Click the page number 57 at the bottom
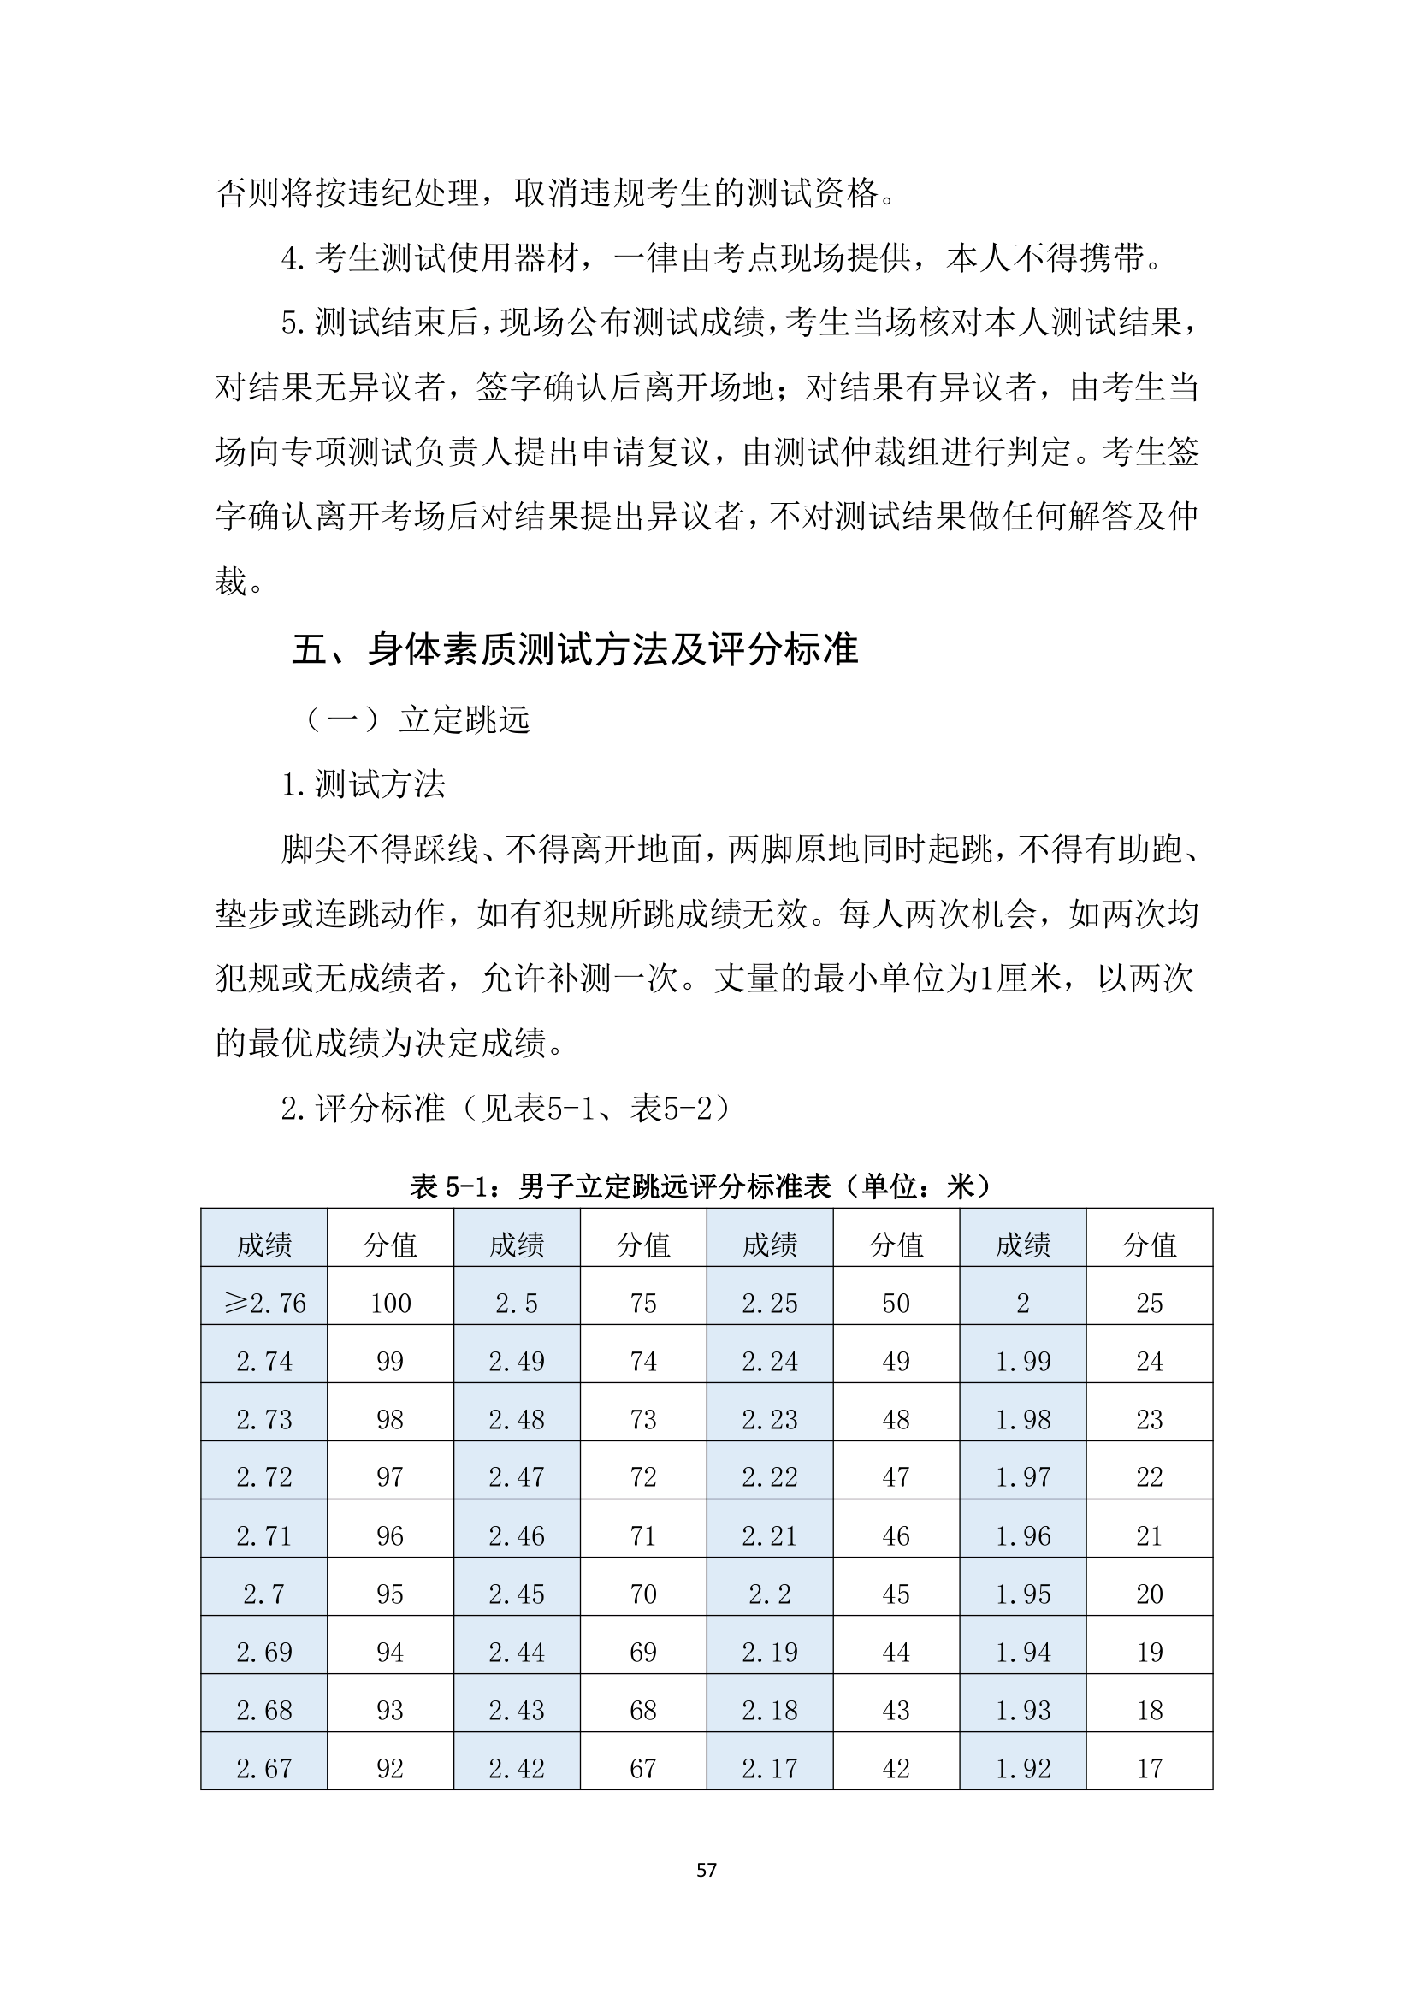pyautogui.click(x=706, y=1869)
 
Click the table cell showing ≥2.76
pyautogui.click(x=264, y=1303)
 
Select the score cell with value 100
pyautogui.click(x=390, y=1303)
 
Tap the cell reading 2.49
pyautogui.click(x=517, y=1361)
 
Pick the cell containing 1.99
pyautogui.click(x=1023, y=1361)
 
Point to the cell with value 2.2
pyautogui.click(x=770, y=1594)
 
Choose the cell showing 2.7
pyautogui.click(x=264, y=1594)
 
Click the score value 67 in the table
pyautogui.click(x=643, y=1768)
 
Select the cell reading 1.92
pyautogui.click(x=1023, y=1768)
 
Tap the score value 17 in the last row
pyautogui.click(x=1150, y=1768)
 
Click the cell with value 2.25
pyautogui.click(x=770, y=1303)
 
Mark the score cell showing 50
pyautogui.click(x=896, y=1303)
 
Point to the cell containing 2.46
pyautogui.click(x=517, y=1536)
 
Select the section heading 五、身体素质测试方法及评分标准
pyautogui.click(x=575, y=649)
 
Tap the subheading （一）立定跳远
pyautogui.click(x=417, y=720)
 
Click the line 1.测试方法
pyautogui.click(x=363, y=784)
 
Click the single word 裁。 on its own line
pyautogui.click(x=240, y=581)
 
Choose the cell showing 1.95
pyautogui.click(x=1023, y=1594)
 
